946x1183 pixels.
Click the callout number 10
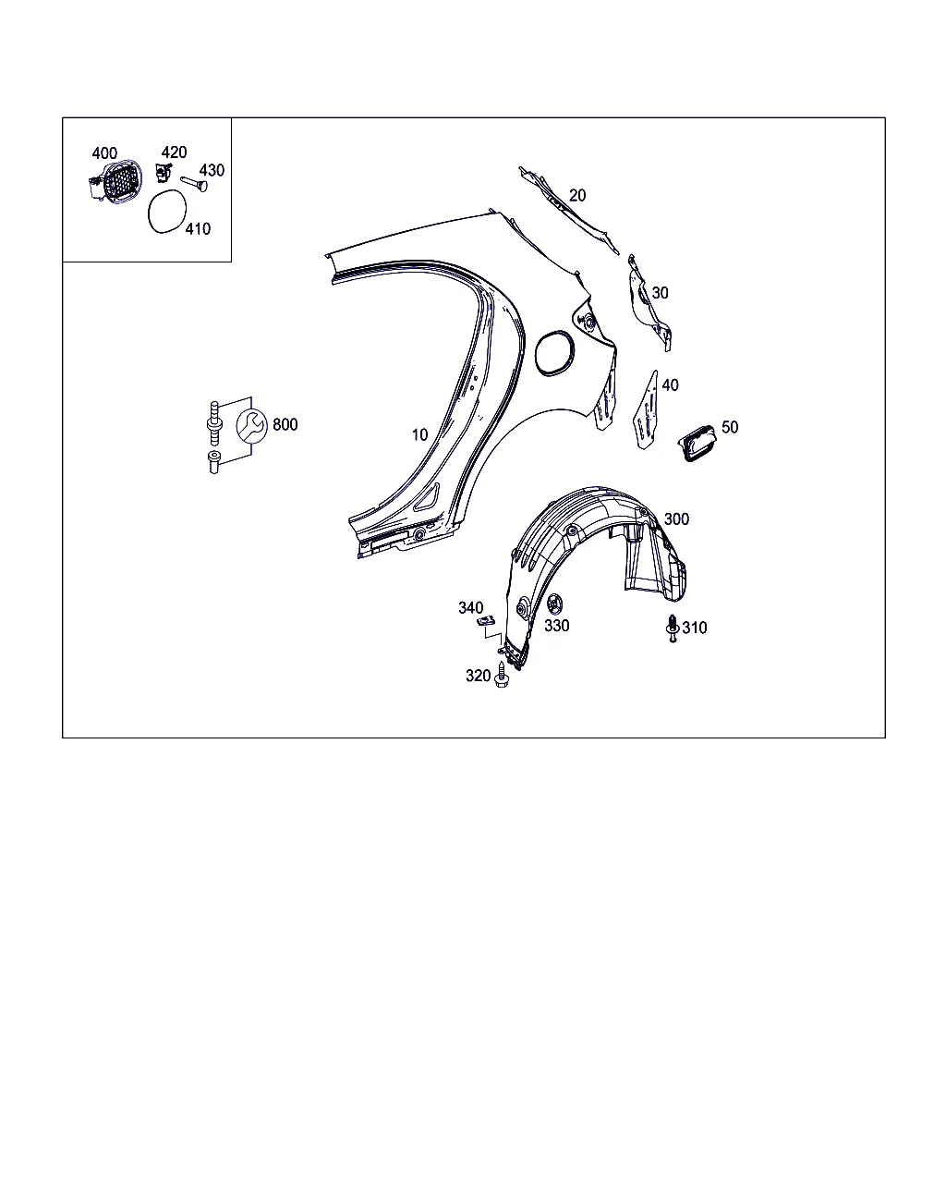coord(420,434)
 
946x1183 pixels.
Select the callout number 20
coord(577,195)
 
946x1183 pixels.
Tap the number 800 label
coord(285,424)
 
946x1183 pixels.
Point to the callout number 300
coord(676,518)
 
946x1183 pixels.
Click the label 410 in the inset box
coord(198,228)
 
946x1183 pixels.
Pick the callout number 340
coord(470,607)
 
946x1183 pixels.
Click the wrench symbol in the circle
coord(252,425)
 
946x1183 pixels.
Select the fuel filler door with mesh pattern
coord(116,181)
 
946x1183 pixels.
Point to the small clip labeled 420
coord(164,172)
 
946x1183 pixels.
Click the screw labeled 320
coord(502,675)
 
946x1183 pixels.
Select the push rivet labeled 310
coord(673,628)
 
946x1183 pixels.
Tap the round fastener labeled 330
coord(554,604)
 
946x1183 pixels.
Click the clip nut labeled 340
coord(485,621)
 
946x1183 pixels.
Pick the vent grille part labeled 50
coord(697,443)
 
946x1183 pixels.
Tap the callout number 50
coord(730,427)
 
